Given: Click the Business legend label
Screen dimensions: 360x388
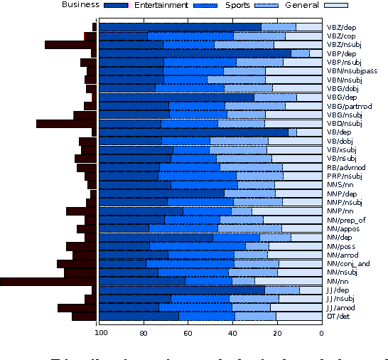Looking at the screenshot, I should [x=80, y=5].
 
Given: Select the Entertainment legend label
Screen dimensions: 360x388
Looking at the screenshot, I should [x=168, y=5].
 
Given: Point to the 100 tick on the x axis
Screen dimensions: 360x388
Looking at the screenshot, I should [x=100, y=332].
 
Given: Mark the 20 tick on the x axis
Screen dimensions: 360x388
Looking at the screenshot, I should [x=276, y=332].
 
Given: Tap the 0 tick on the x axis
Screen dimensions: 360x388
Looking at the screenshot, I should [x=321, y=332].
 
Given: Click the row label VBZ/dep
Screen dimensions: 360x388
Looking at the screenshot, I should [x=341, y=27].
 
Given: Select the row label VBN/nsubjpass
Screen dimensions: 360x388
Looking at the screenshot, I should [x=352, y=71].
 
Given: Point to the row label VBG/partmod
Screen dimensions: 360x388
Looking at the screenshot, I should [x=349, y=106].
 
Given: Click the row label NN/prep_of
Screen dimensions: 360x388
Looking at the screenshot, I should [x=346, y=220].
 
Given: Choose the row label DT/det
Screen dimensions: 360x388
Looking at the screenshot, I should [x=338, y=316].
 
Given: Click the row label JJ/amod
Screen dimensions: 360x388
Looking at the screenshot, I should [x=341, y=307].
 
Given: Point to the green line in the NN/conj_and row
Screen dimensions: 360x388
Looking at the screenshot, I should [x=256, y=260].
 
